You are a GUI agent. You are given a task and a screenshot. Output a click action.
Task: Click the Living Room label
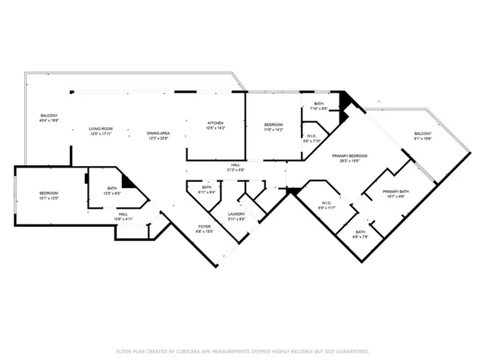point(102,129)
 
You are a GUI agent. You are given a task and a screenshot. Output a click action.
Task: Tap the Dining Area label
point(158,133)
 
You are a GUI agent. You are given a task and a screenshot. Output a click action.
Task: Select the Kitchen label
point(216,123)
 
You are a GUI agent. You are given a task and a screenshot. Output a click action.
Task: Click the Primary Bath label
point(396,191)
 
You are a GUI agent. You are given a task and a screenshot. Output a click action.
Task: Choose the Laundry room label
point(235,215)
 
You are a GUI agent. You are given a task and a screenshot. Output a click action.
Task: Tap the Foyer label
point(205,227)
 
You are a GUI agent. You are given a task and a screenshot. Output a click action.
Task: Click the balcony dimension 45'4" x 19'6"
point(48,120)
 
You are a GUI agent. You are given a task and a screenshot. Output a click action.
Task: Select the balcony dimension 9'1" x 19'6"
point(422,139)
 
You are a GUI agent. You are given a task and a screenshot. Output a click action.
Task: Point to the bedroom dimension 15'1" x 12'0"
point(48,199)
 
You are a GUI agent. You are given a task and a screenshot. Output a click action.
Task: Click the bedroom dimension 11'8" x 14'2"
point(274,129)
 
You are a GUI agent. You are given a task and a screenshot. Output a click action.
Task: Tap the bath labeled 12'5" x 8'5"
point(112,193)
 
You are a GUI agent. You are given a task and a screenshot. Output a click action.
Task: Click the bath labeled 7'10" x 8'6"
point(319,108)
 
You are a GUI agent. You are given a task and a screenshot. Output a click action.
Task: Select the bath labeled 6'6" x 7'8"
point(360,236)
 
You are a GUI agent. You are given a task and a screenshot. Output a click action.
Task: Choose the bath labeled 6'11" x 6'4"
point(207,192)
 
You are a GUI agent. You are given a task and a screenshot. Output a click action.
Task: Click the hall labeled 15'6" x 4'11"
point(123,218)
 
